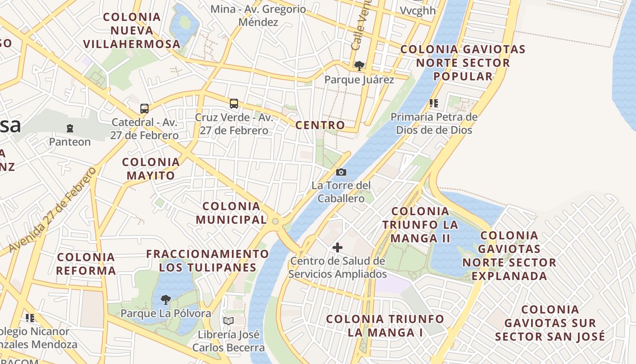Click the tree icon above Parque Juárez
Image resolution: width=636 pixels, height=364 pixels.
(359, 66)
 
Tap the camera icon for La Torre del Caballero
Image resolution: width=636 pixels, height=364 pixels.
(341, 172)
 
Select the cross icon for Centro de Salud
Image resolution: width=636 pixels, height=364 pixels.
(337, 248)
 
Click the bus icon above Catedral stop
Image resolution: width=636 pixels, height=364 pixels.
(144, 109)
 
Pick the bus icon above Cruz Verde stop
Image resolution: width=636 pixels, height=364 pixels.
(234, 104)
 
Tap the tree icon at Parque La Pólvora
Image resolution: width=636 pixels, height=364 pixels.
(166, 299)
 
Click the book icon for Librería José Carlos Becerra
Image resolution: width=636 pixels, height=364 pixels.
(228, 321)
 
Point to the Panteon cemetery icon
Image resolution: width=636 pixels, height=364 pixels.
(70, 128)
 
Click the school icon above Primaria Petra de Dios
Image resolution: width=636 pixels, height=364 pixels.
(434, 103)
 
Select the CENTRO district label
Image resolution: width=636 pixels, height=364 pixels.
(320, 125)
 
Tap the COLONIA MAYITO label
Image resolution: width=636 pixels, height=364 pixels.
(151, 169)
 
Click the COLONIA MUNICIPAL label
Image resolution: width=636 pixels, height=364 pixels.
(231, 213)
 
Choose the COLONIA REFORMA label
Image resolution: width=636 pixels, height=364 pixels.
(86, 264)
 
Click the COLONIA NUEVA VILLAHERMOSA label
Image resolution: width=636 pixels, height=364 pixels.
(132, 30)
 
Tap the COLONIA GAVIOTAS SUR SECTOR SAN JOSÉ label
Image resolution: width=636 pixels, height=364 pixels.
(550, 323)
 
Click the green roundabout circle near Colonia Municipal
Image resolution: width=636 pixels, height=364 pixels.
(275, 222)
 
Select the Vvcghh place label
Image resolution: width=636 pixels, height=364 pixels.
(417, 10)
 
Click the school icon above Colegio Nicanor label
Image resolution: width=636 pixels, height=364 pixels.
(30, 318)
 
